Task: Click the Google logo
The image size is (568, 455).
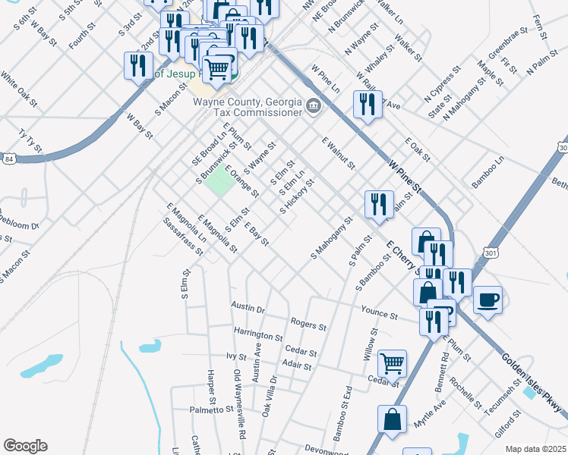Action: click(x=25, y=446)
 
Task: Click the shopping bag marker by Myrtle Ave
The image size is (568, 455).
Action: click(x=392, y=419)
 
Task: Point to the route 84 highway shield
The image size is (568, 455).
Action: click(x=8, y=159)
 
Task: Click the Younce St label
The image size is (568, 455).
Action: click(x=380, y=313)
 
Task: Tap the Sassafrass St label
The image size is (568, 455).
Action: click(x=183, y=236)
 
